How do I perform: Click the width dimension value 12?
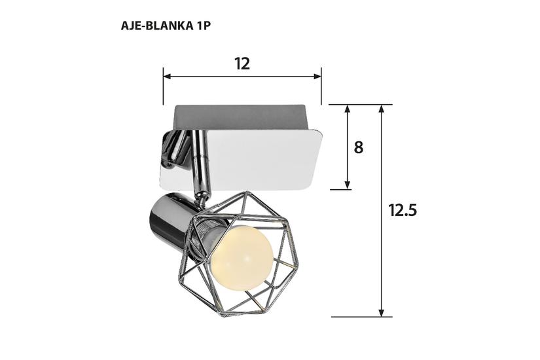(242, 63)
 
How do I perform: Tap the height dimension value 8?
(358, 147)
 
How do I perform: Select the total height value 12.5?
(403, 210)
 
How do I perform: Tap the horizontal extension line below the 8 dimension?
(340, 189)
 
